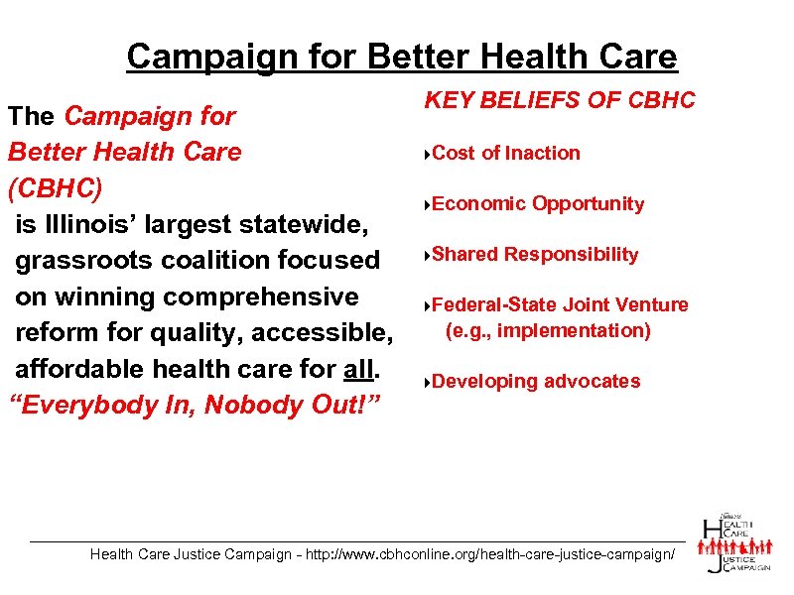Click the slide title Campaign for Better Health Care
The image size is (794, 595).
(x=402, y=57)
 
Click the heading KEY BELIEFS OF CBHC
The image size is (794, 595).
(x=560, y=100)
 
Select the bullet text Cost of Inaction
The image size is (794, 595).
(x=506, y=153)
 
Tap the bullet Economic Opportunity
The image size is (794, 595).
(x=538, y=203)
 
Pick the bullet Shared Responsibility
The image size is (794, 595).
(x=535, y=254)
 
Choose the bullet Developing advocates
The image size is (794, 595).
(x=536, y=381)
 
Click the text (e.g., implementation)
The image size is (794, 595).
(x=548, y=330)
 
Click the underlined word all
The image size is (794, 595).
(x=359, y=369)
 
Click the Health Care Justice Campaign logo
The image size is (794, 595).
(x=735, y=542)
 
